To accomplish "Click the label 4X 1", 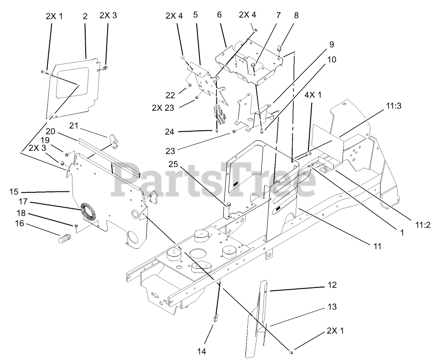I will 313,95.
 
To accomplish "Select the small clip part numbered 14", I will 215,317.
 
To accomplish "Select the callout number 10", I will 331,59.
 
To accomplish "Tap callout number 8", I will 296,15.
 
